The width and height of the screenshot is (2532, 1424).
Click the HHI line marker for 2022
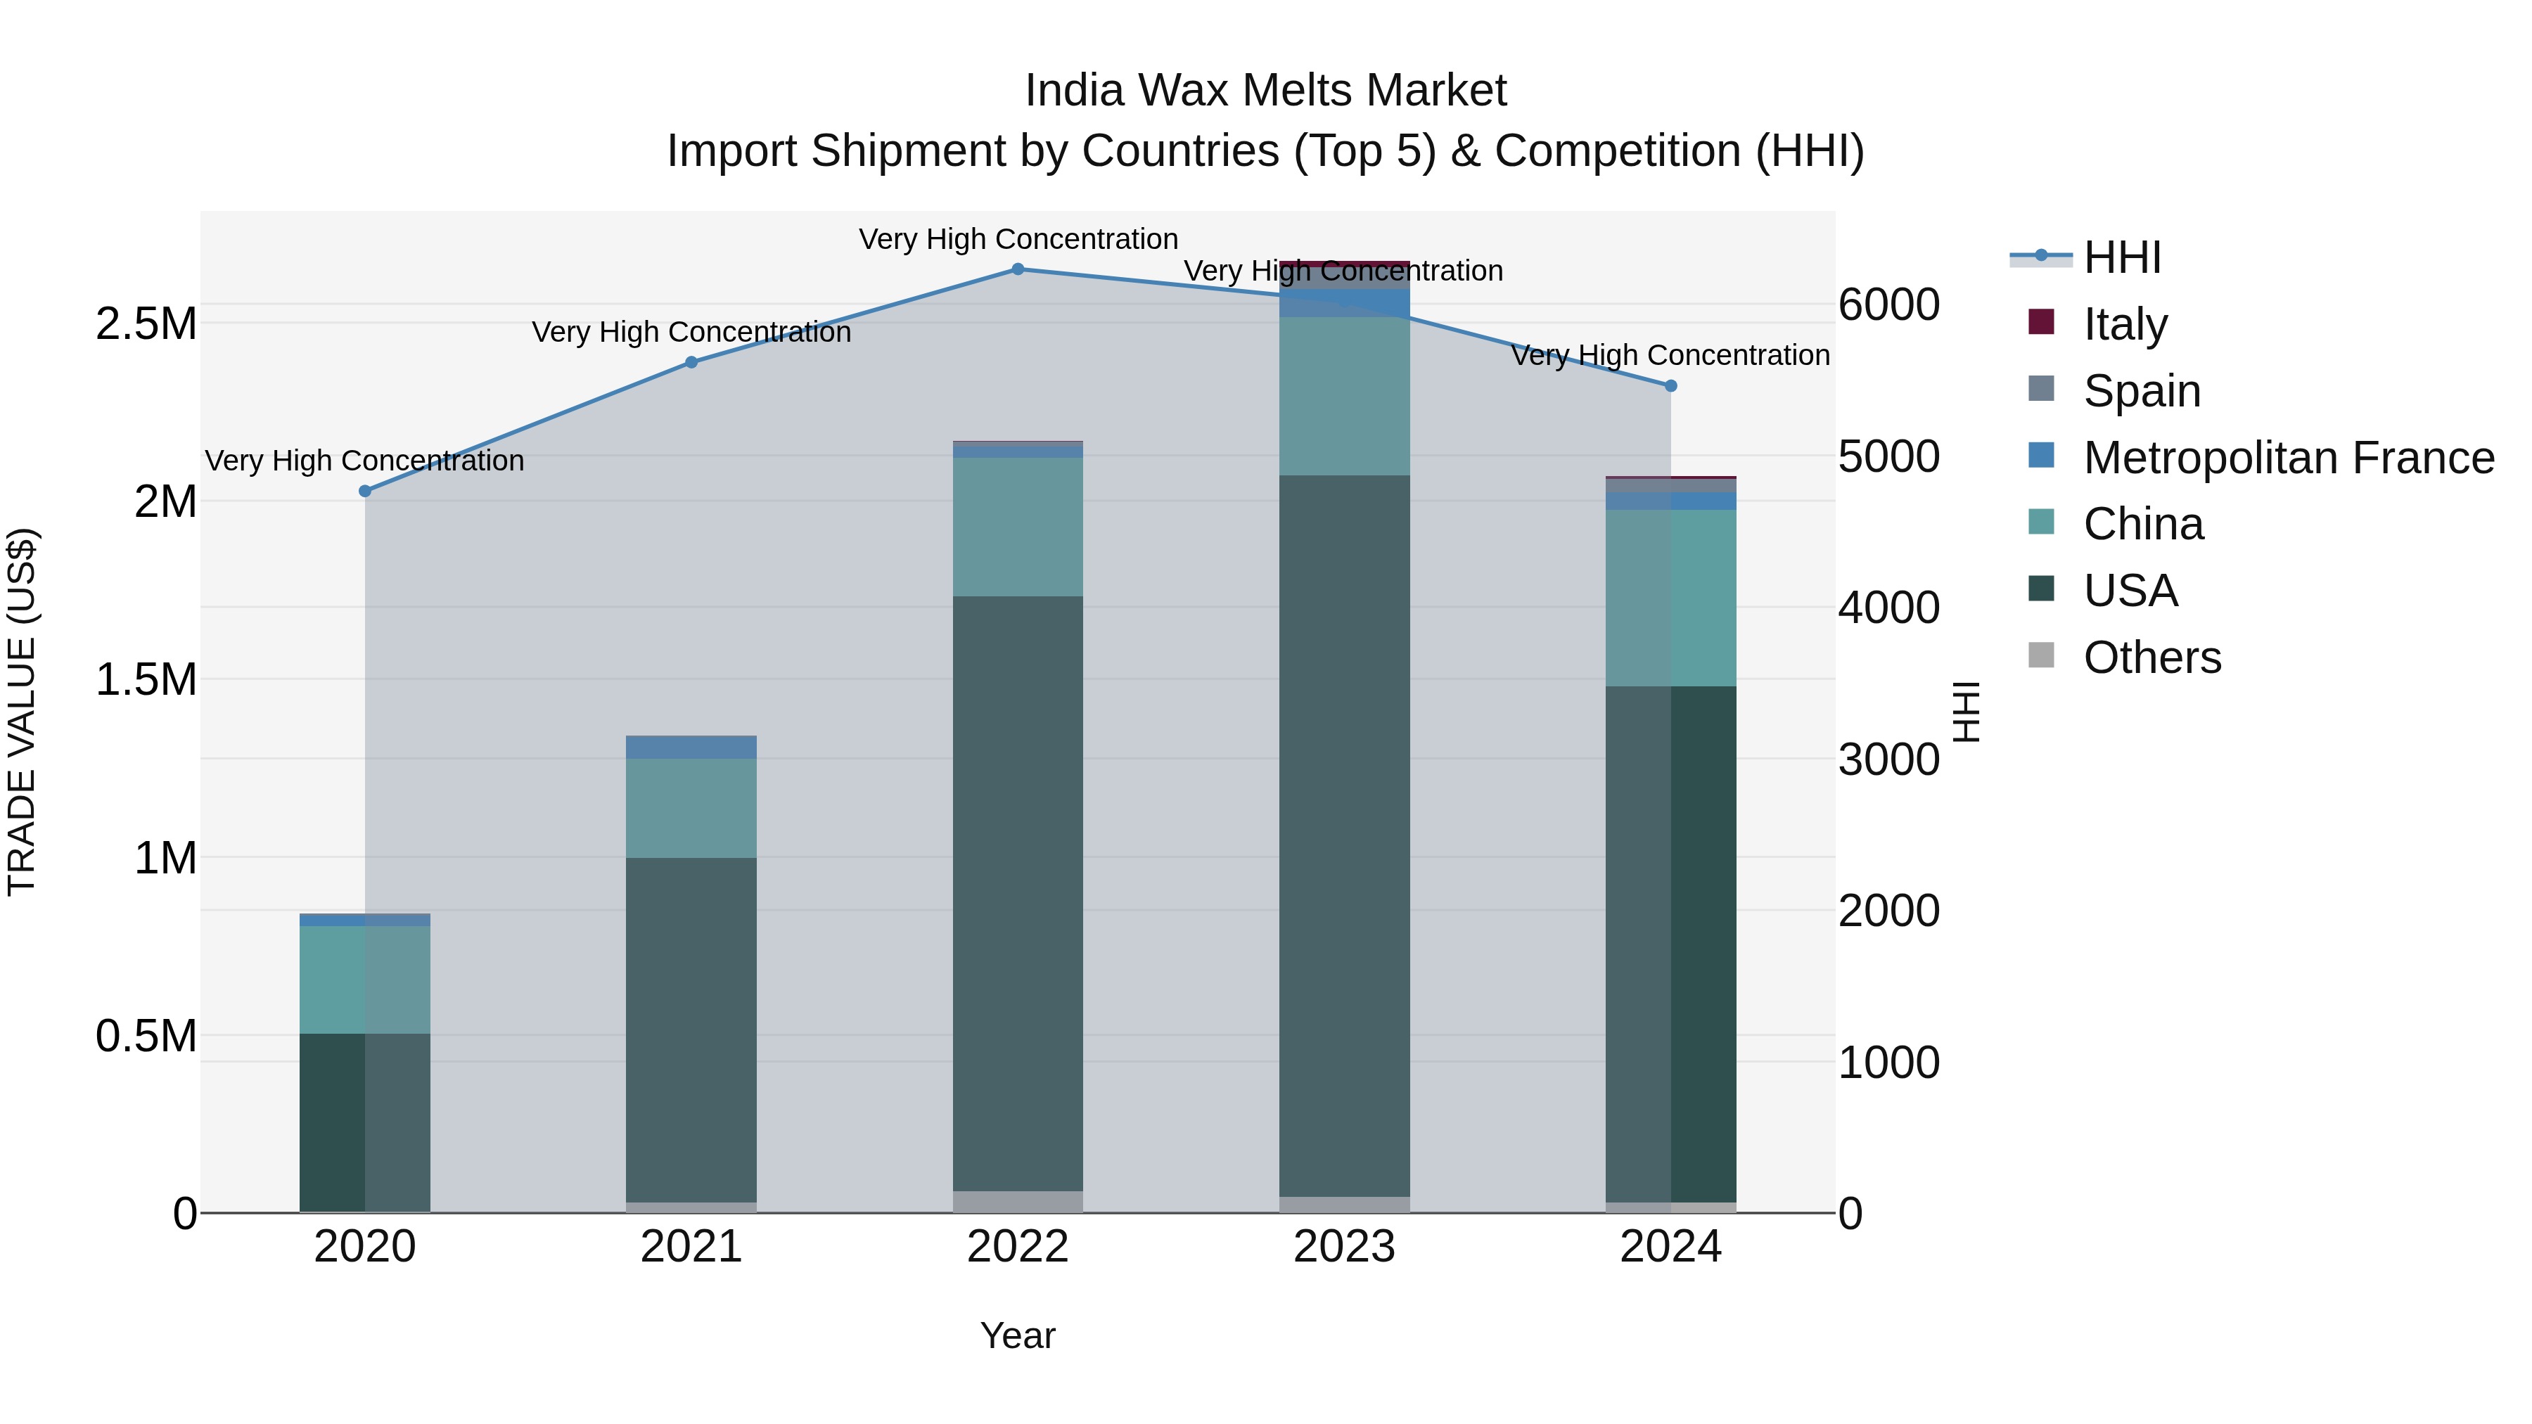tap(1017, 269)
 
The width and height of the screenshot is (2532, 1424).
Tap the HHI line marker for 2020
tap(364, 490)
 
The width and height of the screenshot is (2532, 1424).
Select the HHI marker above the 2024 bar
tap(1670, 385)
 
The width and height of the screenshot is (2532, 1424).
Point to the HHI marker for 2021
tap(691, 361)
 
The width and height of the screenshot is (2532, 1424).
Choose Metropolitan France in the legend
tap(2287, 457)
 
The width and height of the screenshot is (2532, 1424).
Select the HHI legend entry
tap(2121, 257)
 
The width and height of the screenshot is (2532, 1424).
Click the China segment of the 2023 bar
tap(1343, 395)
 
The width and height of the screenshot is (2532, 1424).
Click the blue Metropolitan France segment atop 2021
tap(691, 747)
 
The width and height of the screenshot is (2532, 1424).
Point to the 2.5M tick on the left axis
tap(146, 323)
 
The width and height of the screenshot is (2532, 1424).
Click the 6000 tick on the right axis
tap(1888, 304)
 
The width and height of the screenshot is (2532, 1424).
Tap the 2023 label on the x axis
tap(1343, 1247)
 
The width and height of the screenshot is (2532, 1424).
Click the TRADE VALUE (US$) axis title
tap(22, 712)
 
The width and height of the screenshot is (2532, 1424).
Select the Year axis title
tap(1017, 1335)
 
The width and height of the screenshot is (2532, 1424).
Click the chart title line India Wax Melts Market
tap(1265, 91)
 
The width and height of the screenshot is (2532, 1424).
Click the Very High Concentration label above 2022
tap(1017, 239)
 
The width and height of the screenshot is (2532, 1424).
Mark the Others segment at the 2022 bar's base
tap(1017, 1201)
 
